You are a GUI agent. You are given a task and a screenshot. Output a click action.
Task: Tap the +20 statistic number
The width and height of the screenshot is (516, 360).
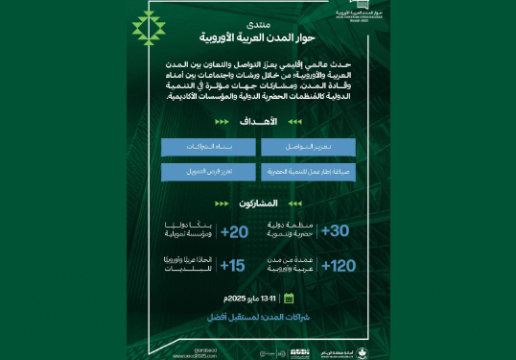[235, 231]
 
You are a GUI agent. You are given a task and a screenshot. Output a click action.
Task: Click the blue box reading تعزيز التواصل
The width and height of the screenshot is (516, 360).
[308, 147]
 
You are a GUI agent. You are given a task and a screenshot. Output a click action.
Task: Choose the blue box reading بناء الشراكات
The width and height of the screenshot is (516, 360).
[208, 147]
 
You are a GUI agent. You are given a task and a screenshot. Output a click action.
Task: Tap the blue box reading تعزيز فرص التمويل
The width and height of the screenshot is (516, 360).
[208, 173]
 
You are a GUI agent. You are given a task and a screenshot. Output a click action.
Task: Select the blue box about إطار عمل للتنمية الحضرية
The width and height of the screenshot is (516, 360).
[308, 173]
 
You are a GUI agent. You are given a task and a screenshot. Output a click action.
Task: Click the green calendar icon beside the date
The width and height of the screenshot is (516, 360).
[288, 299]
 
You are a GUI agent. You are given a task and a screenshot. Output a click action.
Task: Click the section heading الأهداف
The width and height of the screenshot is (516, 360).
[262, 122]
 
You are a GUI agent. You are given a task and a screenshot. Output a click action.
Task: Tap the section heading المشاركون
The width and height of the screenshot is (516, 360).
[260, 204]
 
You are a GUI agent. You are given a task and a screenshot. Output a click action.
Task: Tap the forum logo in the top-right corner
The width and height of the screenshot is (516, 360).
[341, 13]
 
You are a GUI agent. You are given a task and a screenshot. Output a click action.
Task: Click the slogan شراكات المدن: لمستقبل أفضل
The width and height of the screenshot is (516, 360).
[257, 316]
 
